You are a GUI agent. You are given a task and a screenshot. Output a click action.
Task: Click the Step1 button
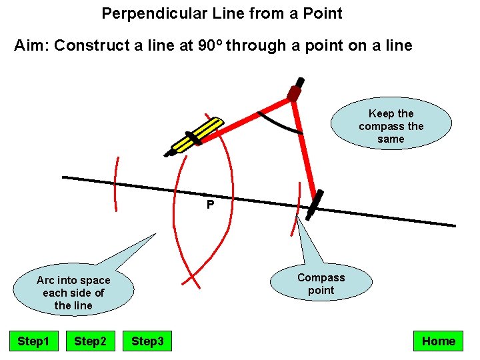click(x=33, y=341)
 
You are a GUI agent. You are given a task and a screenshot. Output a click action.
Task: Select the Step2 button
click(x=90, y=341)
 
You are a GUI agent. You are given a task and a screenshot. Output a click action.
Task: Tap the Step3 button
click(x=147, y=341)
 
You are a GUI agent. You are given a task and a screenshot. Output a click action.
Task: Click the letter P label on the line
click(x=210, y=205)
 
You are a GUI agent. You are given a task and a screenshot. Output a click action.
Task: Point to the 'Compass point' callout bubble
click(x=321, y=284)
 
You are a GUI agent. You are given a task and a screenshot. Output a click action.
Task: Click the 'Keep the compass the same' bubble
click(x=391, y=126)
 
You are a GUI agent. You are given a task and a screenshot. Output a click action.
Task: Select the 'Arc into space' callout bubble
click(x=73, y=293)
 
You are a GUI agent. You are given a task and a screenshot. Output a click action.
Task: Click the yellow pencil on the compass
click(x=197, y=136)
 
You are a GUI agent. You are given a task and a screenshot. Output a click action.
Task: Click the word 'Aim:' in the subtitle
click(x=31, y=46)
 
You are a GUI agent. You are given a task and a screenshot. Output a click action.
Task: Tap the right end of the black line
click(x=454, y=225)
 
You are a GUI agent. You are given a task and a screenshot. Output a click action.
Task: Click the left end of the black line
click(x=64, y=177)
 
